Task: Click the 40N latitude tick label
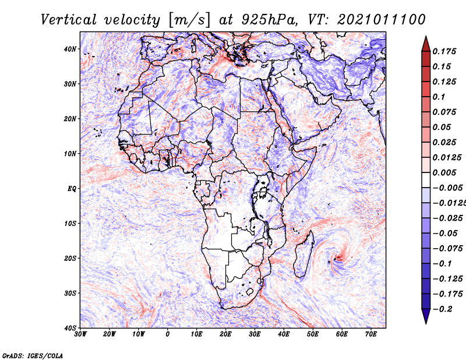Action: point(70,49)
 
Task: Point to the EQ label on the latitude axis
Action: point(72,189)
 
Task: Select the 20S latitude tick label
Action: point(70,258)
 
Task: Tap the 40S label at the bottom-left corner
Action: point(70,328)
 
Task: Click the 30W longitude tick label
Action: point(80,334)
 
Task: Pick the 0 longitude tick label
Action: point(168,334)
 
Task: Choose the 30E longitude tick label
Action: point(255,334)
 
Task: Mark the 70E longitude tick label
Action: point(371,334)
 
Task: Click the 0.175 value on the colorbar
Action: point(444,52)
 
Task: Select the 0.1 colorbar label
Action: point(439,97)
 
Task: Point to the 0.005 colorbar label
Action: point(444,172)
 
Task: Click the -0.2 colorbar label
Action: point(443,309)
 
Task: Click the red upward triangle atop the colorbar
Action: point(426,45)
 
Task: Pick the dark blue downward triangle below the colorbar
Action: point(426,316)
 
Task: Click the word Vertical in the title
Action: point(69,20)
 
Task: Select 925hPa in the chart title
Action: point(269,20)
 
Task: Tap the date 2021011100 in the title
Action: point(382,20)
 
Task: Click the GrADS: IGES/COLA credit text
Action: point(33,355)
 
